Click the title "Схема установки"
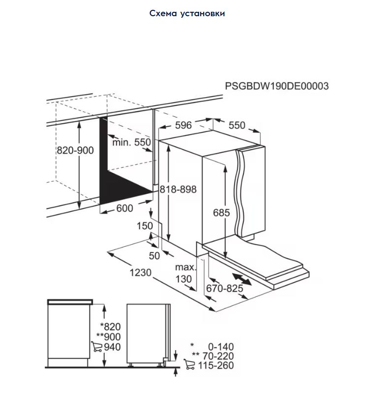coord(187,13)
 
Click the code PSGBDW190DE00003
coord(277,86)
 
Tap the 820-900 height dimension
coord(75,150)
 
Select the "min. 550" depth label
coord(132,142)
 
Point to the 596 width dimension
coord(183,125)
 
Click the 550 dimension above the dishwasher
coord(237,125)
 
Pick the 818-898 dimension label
coord(178,189)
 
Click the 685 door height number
coord(222,213)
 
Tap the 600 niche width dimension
coord(124,208)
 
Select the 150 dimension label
coord(145,225)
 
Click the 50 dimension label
coord(154,256)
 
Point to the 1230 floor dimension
coord(141,272)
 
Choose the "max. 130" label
coord(185,273)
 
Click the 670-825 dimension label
coord(225,288)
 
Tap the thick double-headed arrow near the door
coord(242,279)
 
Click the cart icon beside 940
coord(97,347)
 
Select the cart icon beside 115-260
coord(189,364)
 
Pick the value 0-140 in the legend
coord(221,347)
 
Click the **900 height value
coord(108,337)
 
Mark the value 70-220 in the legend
coord(218,356)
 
